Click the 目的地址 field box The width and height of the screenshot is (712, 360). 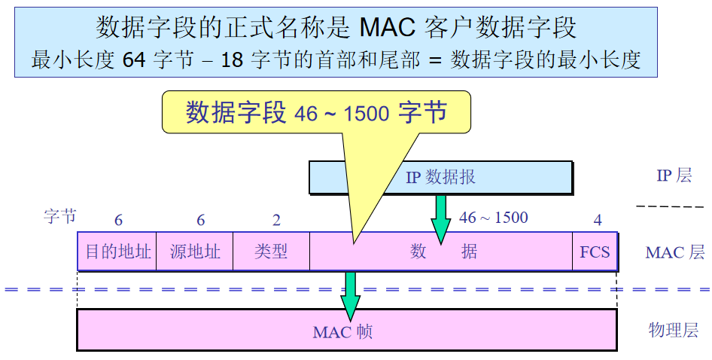(117, 252)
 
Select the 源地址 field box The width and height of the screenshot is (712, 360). (195, 252)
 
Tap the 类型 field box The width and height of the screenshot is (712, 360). (271, 252)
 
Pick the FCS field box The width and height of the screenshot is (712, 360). (595, 252)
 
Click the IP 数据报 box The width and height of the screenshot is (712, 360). (440, 178)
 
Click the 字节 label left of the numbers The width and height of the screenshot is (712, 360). (59, 217)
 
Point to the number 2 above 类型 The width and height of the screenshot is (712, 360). (276, 220)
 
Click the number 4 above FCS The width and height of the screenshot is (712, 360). (598, 220)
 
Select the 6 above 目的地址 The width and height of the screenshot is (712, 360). (118, 220)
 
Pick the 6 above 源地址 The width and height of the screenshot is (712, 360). (200, 220)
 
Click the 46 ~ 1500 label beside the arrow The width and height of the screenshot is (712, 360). (494, 218)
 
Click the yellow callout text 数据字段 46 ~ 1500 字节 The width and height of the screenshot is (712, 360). (316, 113)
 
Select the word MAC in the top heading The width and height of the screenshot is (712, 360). (388, 28)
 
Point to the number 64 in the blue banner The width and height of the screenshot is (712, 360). (133, 60)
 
